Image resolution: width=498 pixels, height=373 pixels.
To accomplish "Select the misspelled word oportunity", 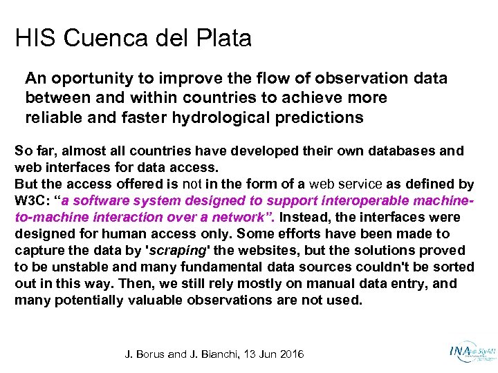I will coord(84,79).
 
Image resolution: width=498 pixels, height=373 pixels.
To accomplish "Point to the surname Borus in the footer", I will coord(150,354).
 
